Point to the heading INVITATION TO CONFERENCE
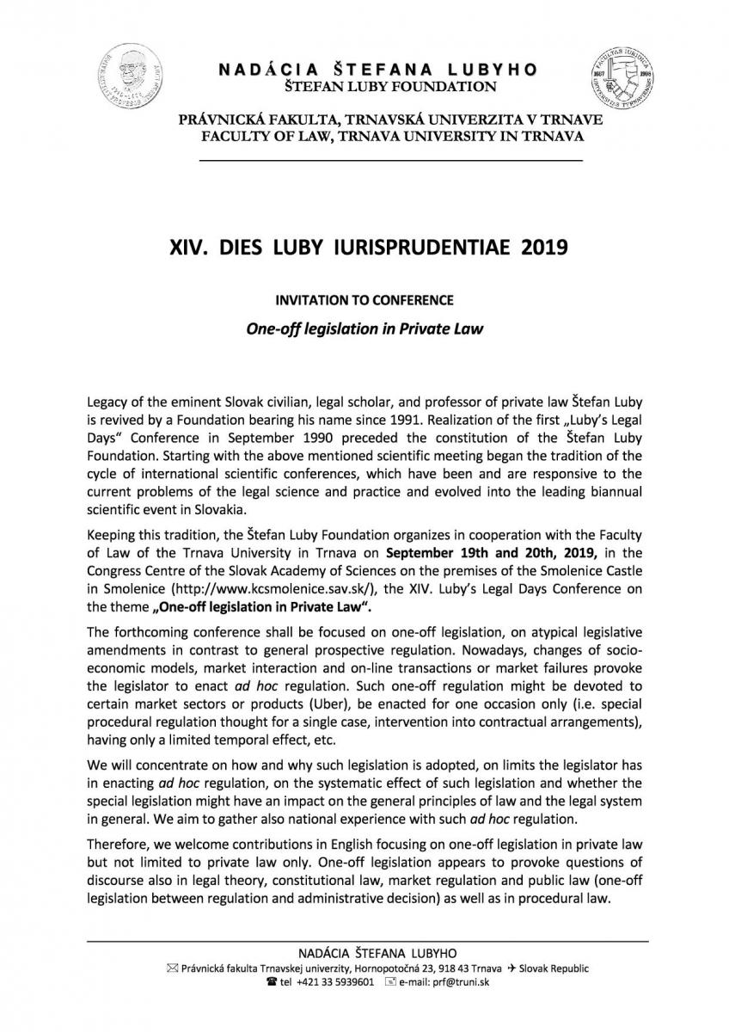click(x=363, y=301)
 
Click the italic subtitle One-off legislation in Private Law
click(x=364, y=328)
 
